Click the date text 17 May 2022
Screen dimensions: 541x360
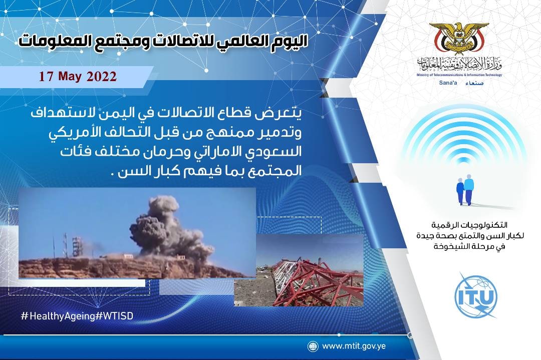coord(78,76)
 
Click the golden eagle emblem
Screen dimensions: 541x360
coord(459,38)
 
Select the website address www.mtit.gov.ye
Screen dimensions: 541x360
coord(354,346)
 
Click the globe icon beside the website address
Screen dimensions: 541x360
coord(313,346)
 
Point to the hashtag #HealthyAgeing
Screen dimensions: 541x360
coord(58,316)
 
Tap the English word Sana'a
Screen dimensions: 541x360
coord(448,83)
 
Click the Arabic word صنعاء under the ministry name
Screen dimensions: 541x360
coord(475,83)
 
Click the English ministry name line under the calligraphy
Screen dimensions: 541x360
coord(459,75)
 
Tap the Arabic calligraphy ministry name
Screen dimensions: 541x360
coord(459,64)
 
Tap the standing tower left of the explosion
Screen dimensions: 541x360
coord(77,246)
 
